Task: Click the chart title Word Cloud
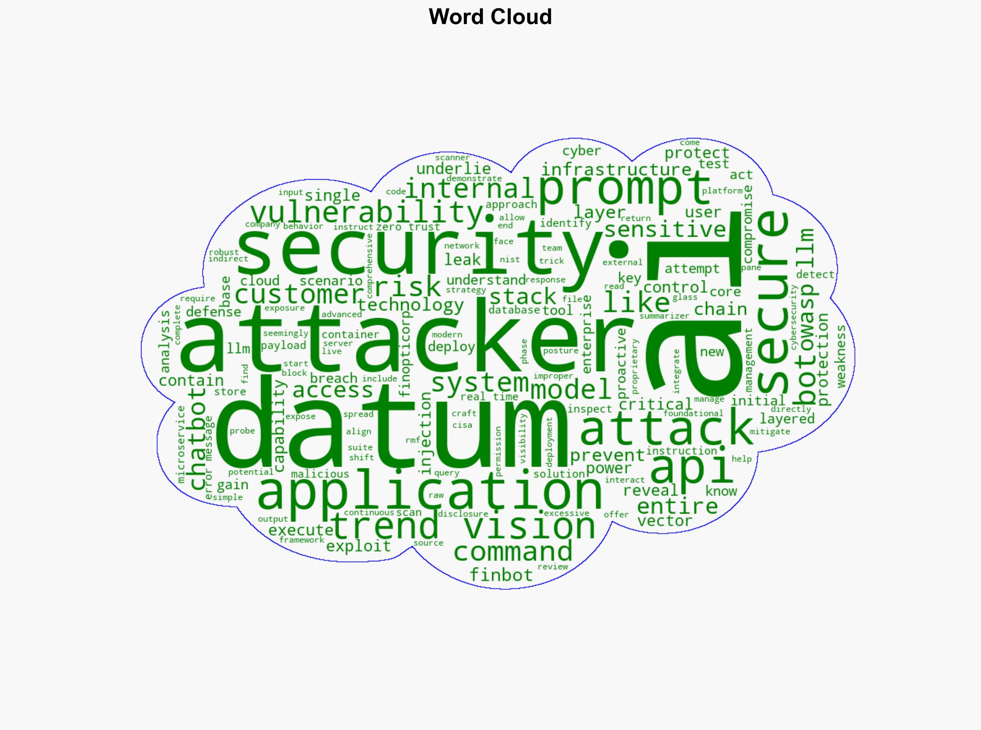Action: (490, 17)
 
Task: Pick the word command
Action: (513, 552)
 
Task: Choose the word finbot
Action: (501, 575)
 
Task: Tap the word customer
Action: (298, 294)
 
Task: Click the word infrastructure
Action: (617, 170)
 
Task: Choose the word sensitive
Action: (665, 230)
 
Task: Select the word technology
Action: (411, 305)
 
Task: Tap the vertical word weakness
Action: (841, 356)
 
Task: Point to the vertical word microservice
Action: (181, 444)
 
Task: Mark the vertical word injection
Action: (424, 433)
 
